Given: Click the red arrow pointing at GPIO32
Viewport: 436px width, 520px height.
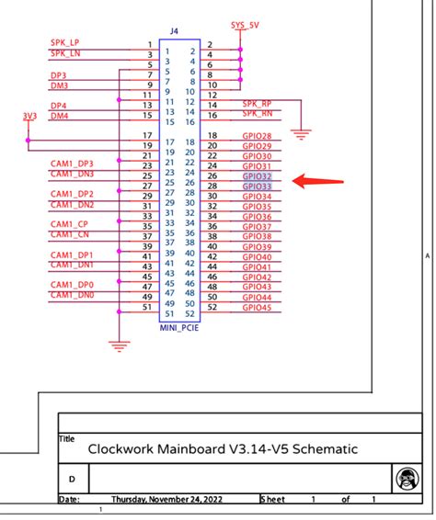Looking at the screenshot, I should (317, 181).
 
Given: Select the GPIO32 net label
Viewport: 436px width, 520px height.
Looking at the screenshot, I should (257, 176).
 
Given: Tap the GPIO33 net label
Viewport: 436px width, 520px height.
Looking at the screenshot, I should (257, 187).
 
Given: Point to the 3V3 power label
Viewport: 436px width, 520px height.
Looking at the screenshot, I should (30, 116).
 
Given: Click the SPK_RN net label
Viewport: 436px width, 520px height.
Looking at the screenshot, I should (258, 115).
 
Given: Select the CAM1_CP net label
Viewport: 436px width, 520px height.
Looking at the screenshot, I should (69, 224).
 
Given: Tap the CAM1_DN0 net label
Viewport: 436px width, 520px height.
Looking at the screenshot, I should (71, 295).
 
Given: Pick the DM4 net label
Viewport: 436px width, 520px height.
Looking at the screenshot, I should (59, 116).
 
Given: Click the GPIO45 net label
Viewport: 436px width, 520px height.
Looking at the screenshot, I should (257, 308).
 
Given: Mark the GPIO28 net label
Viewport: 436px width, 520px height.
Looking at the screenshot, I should (257, 136).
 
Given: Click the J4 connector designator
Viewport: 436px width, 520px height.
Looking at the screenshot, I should (175, 31).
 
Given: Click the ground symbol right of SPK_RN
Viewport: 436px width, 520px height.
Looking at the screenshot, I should (298, 134).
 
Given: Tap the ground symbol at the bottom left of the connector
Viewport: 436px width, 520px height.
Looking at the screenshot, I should (117, 345).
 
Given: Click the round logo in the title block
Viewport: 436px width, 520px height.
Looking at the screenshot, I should (405, 479).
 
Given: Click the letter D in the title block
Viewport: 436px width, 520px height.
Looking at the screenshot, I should (73, 480).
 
